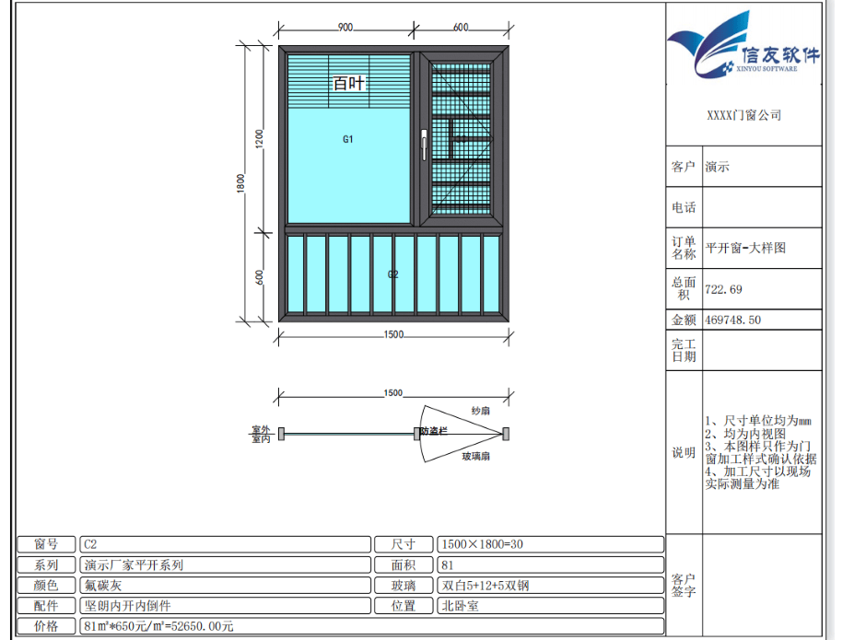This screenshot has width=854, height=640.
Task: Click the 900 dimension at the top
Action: pyautogui.click(x=345, y=28)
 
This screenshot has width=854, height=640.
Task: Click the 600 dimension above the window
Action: pyautogui.click(x=461, y=28)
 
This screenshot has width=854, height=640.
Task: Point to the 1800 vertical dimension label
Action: pyautogui.click(x=240, y=183)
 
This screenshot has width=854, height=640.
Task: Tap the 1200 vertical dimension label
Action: pyautogui.click(x=259, y=139)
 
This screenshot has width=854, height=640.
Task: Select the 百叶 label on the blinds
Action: pyautogui.click(x=348, y=83)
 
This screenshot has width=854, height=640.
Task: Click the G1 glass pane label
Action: pyautogui.click(x=348, y=139)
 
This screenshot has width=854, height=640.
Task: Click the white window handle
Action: pyautogui.click(x=425, y=145)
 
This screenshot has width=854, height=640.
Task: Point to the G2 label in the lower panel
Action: pyautogui.click(x=392, y=274)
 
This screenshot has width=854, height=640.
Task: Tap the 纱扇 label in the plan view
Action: pyautogui.click(x=480, y=411)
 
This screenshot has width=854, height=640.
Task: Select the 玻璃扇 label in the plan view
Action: pyautogui.click(x=476, y=456)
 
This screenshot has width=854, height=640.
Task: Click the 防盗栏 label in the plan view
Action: pyautogui.click(x=434, y=431)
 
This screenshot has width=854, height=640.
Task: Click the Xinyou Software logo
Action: pyautogui.click(x=744, y=44)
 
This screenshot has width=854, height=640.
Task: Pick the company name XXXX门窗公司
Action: pyautogui.click(x=744, y=115)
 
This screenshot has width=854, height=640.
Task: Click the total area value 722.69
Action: pyautogui.click(x=723, y=289)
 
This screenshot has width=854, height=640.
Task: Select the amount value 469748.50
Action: pyautogui.click(x=732, y=320)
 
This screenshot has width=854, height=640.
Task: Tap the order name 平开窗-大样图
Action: pyautogui.click(x=745, y=248)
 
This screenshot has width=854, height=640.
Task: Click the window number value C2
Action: pyautogui.click(x=90, y=544)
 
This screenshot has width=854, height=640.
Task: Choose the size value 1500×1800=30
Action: pyautogui.click(x=483, y=544)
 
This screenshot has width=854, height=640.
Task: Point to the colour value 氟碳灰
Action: pyautogui.click(x=103, y=586)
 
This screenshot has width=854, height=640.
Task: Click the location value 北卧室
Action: pyautogui.click(x=461, y=606)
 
